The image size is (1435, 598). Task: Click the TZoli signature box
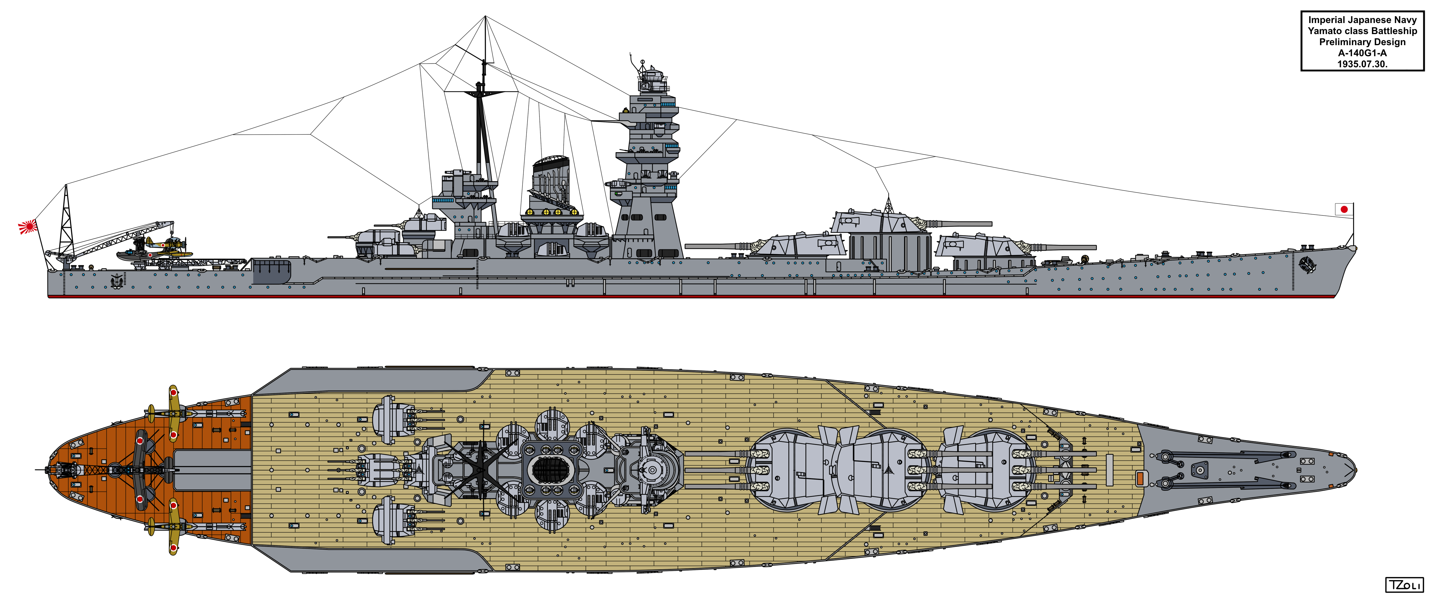point(1404,585)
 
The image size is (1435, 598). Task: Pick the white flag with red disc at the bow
point(1343,209)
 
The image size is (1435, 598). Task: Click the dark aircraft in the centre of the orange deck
point(139,470)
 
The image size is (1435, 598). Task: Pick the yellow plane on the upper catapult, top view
point(173,412)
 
